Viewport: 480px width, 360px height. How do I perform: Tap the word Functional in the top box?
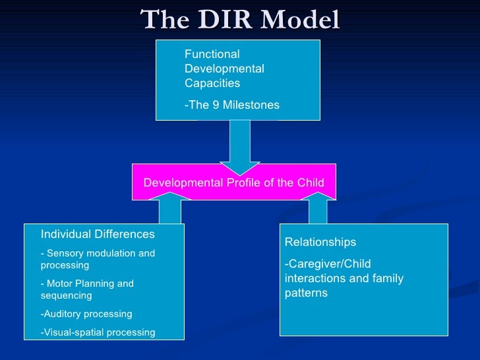point(212,54)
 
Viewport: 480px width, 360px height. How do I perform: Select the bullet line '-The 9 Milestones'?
point(232,105)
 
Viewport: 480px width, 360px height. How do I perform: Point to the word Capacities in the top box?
point(212,83)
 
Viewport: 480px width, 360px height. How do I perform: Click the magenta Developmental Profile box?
point(234,182)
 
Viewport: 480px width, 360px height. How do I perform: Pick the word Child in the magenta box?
point(309,183)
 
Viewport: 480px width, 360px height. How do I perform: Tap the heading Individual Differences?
point(98,234)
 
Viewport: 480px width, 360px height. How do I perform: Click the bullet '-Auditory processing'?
point(86,314)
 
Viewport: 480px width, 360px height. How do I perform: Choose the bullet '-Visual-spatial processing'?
point(98,332)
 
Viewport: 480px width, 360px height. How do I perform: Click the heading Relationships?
point(320,242)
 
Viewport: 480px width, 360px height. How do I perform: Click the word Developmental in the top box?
point(224,69)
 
